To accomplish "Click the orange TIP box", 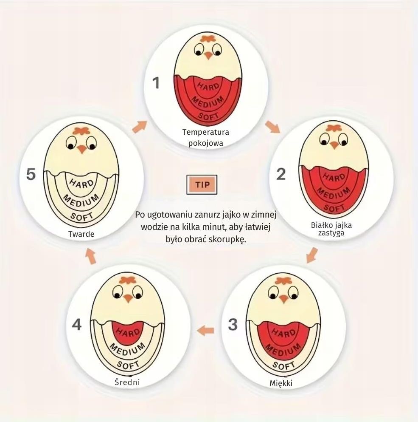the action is coord(202,184).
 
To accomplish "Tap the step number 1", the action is coord(156,83).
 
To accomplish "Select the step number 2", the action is coord(281,174).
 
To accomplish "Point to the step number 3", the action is coord(233,325).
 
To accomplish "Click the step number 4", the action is coord(77,324).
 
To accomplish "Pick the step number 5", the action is coord(31,174).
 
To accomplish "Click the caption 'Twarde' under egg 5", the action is coord(81,234).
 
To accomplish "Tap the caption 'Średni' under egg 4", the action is coord(127,382).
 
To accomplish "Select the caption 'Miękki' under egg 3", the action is coord(281,383).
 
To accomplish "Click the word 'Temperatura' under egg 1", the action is coord(206,132).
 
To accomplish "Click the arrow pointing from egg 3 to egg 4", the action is coord(206,330).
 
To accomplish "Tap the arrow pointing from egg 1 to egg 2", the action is coord(272,127).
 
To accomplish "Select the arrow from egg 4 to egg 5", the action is coord(91,256).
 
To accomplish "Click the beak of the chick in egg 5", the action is coord(81,149).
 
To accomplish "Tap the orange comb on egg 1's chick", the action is coord(208,39).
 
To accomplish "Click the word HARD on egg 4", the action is coord(128,332).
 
